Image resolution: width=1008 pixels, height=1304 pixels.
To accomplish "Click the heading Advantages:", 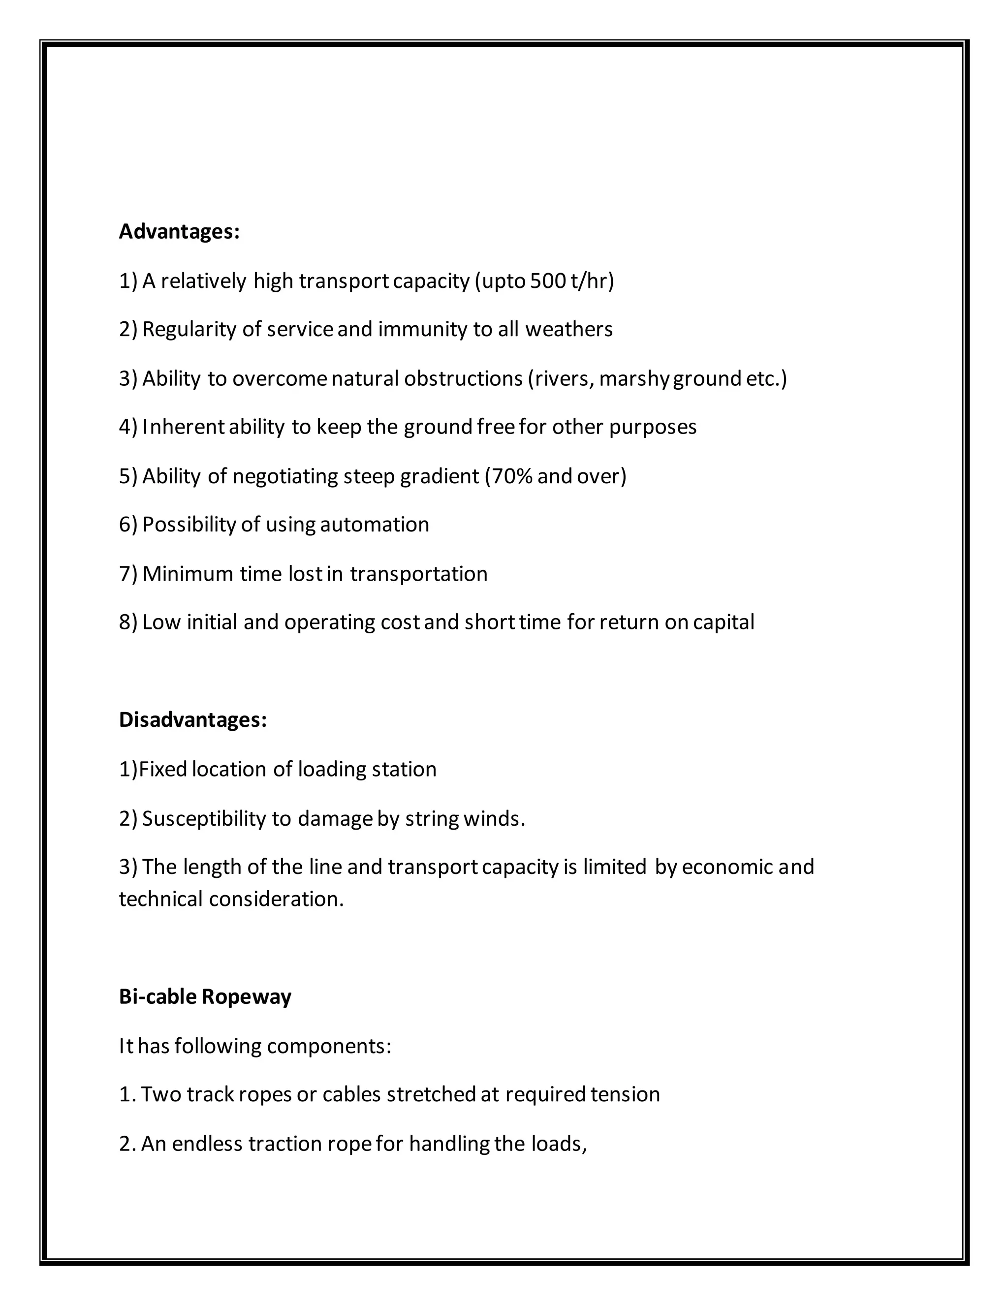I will coord(179,232).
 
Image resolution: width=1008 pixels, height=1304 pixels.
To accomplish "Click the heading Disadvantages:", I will coord(192,720).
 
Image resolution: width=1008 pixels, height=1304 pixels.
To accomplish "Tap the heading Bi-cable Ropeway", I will coord(205,996).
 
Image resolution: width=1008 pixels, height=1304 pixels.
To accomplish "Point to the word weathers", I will coord(568,330).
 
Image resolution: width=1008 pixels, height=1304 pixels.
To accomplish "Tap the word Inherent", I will coord(183,427).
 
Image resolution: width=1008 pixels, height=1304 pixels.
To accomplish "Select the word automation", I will coord(375,525).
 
